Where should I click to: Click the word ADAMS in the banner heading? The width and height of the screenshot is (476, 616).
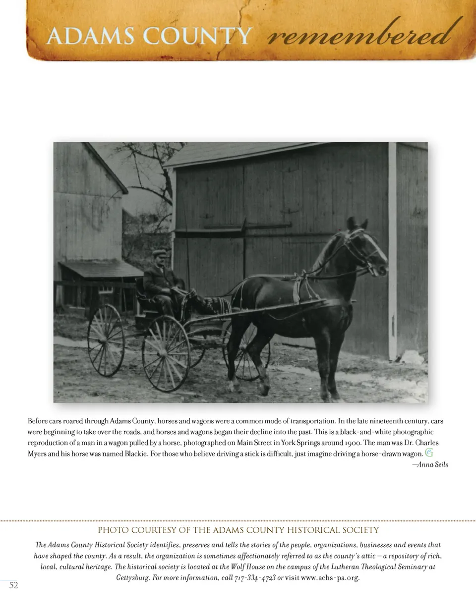90,36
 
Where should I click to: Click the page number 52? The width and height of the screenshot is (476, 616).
14,585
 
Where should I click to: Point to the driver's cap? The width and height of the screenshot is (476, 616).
160,253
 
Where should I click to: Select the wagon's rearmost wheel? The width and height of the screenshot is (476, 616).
106,340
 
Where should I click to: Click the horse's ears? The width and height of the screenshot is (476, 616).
357,223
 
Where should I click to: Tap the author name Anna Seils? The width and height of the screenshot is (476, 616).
432,464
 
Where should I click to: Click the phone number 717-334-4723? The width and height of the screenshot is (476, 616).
255,578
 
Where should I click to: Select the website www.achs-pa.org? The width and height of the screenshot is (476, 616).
330,578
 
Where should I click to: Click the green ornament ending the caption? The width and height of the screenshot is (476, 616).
429,452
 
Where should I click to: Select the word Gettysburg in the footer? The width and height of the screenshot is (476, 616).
132,578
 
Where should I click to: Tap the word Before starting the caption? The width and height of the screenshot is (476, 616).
38,421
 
